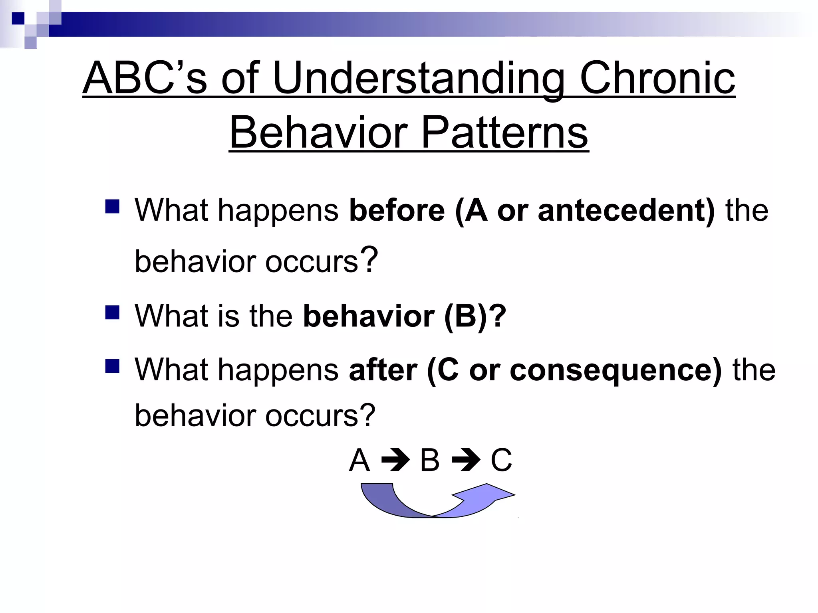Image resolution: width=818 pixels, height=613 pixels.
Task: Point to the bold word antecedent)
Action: click(626, 210)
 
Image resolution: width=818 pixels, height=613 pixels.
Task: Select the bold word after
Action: click(383, 370)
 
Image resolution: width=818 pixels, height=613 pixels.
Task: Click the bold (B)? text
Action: click(475, 316)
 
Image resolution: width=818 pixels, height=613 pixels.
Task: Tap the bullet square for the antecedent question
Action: click(113, 207)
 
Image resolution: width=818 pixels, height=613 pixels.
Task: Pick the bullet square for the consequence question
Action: click(113, 366)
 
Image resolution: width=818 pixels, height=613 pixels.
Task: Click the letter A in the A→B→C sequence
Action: click(359, 460)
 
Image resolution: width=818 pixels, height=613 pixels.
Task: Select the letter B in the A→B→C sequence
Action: click(430, 460)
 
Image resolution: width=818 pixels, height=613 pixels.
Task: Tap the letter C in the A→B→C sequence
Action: click(501, 460)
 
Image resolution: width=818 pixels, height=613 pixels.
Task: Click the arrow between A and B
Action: click(395, 461)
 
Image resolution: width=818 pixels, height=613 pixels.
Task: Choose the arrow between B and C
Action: click(466, 461)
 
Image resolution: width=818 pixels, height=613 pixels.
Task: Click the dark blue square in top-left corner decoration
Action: click(18, 18)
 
